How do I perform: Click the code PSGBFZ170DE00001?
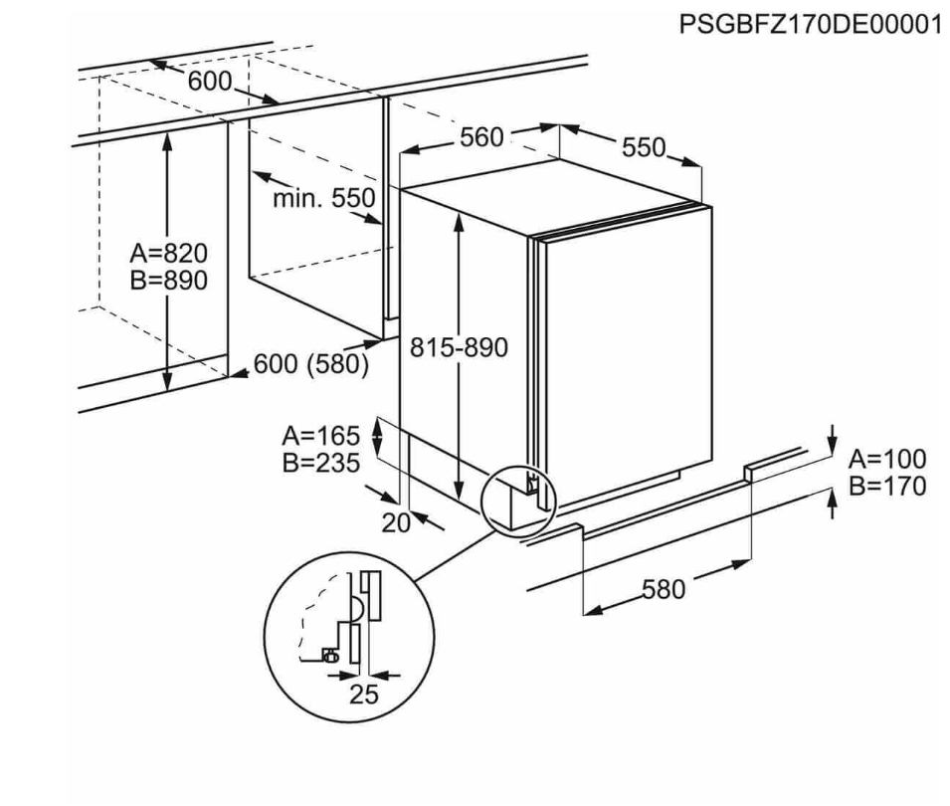[811, 24]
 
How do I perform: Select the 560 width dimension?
[481, 137]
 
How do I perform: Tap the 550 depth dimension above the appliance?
[643, 147]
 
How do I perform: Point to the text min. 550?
[324, 198]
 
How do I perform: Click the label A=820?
[168, 253]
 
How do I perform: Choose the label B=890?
[168, 281]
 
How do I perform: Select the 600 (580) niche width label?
[310, 365]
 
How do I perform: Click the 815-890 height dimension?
[459, 347]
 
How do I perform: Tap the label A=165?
[320, 436]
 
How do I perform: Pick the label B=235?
[320, 463]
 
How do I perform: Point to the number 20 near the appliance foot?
[397, 521]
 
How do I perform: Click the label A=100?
[886, 460]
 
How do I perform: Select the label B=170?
[886, 487]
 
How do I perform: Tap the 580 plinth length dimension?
[664, 589]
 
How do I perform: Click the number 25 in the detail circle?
[364, 695]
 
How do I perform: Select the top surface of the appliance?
[557, 196]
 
